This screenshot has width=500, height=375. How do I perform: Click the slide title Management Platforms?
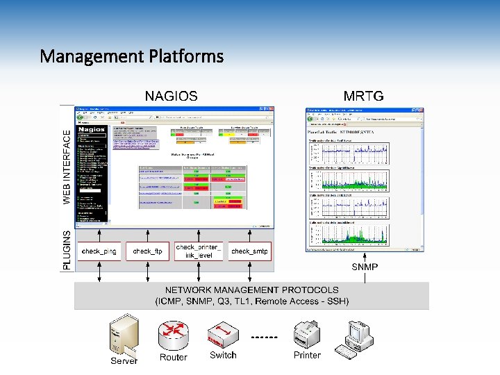point(132,56)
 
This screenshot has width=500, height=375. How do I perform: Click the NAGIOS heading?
point(171,96)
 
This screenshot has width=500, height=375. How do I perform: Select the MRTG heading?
point(363,96)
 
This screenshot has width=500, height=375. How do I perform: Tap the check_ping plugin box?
point(99,251)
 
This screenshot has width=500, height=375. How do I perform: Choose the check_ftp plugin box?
point(147,251)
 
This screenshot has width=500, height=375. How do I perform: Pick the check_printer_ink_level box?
point(200,251)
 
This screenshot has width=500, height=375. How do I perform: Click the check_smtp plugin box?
point(249,251)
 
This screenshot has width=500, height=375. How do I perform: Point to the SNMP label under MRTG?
point(365,267)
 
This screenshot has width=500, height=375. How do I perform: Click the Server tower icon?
point(124,335)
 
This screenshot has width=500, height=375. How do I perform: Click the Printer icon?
point(307,334)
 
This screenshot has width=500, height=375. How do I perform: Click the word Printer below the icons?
point(307,355)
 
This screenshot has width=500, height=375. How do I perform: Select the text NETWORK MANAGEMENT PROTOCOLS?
point(251,290)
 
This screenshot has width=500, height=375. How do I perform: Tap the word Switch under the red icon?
point(223,355)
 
